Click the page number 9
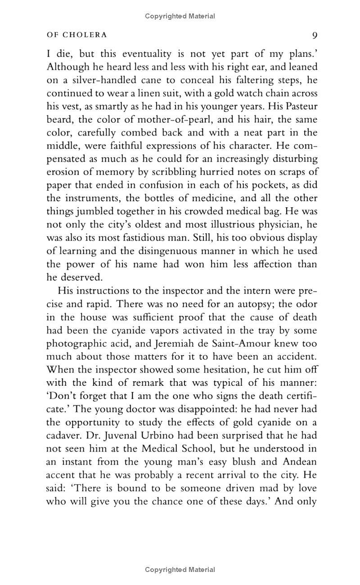click(x=315, y=35)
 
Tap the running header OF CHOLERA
click(x=76, y=35)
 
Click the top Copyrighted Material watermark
click(x=180, y=16)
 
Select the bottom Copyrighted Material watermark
click(x=180, y=570)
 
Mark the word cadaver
click(x=64, y=435)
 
